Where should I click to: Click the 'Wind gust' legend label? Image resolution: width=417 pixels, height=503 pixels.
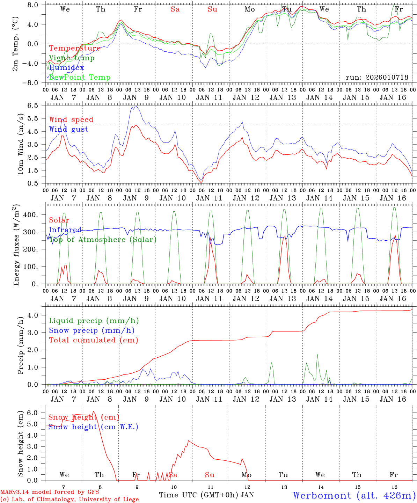point(68,129)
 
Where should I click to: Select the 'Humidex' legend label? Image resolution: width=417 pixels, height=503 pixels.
point(66,67)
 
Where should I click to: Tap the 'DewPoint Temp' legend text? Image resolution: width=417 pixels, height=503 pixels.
point(80,77)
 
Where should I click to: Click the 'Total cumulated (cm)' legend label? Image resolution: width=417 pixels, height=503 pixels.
point(93,340)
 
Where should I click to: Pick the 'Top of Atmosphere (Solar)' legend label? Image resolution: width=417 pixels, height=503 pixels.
point(103,240)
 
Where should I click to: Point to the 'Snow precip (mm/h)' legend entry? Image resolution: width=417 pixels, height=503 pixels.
point(92,330)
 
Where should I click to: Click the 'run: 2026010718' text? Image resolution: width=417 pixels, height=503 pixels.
point(377,77)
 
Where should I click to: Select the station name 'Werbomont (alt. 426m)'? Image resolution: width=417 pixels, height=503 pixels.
point(354,495)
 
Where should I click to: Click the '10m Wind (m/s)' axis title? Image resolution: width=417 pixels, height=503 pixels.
point(21,144)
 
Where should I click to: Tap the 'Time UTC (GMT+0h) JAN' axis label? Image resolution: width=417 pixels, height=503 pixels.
point(206,495)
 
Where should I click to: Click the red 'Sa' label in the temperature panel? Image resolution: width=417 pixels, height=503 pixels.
point(175,9)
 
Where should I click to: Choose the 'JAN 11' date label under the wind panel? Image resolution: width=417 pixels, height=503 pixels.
point(209,198)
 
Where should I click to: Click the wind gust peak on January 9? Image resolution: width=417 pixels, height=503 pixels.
point(135,106)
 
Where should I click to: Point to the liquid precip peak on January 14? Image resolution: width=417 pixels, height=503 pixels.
point(317,355)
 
